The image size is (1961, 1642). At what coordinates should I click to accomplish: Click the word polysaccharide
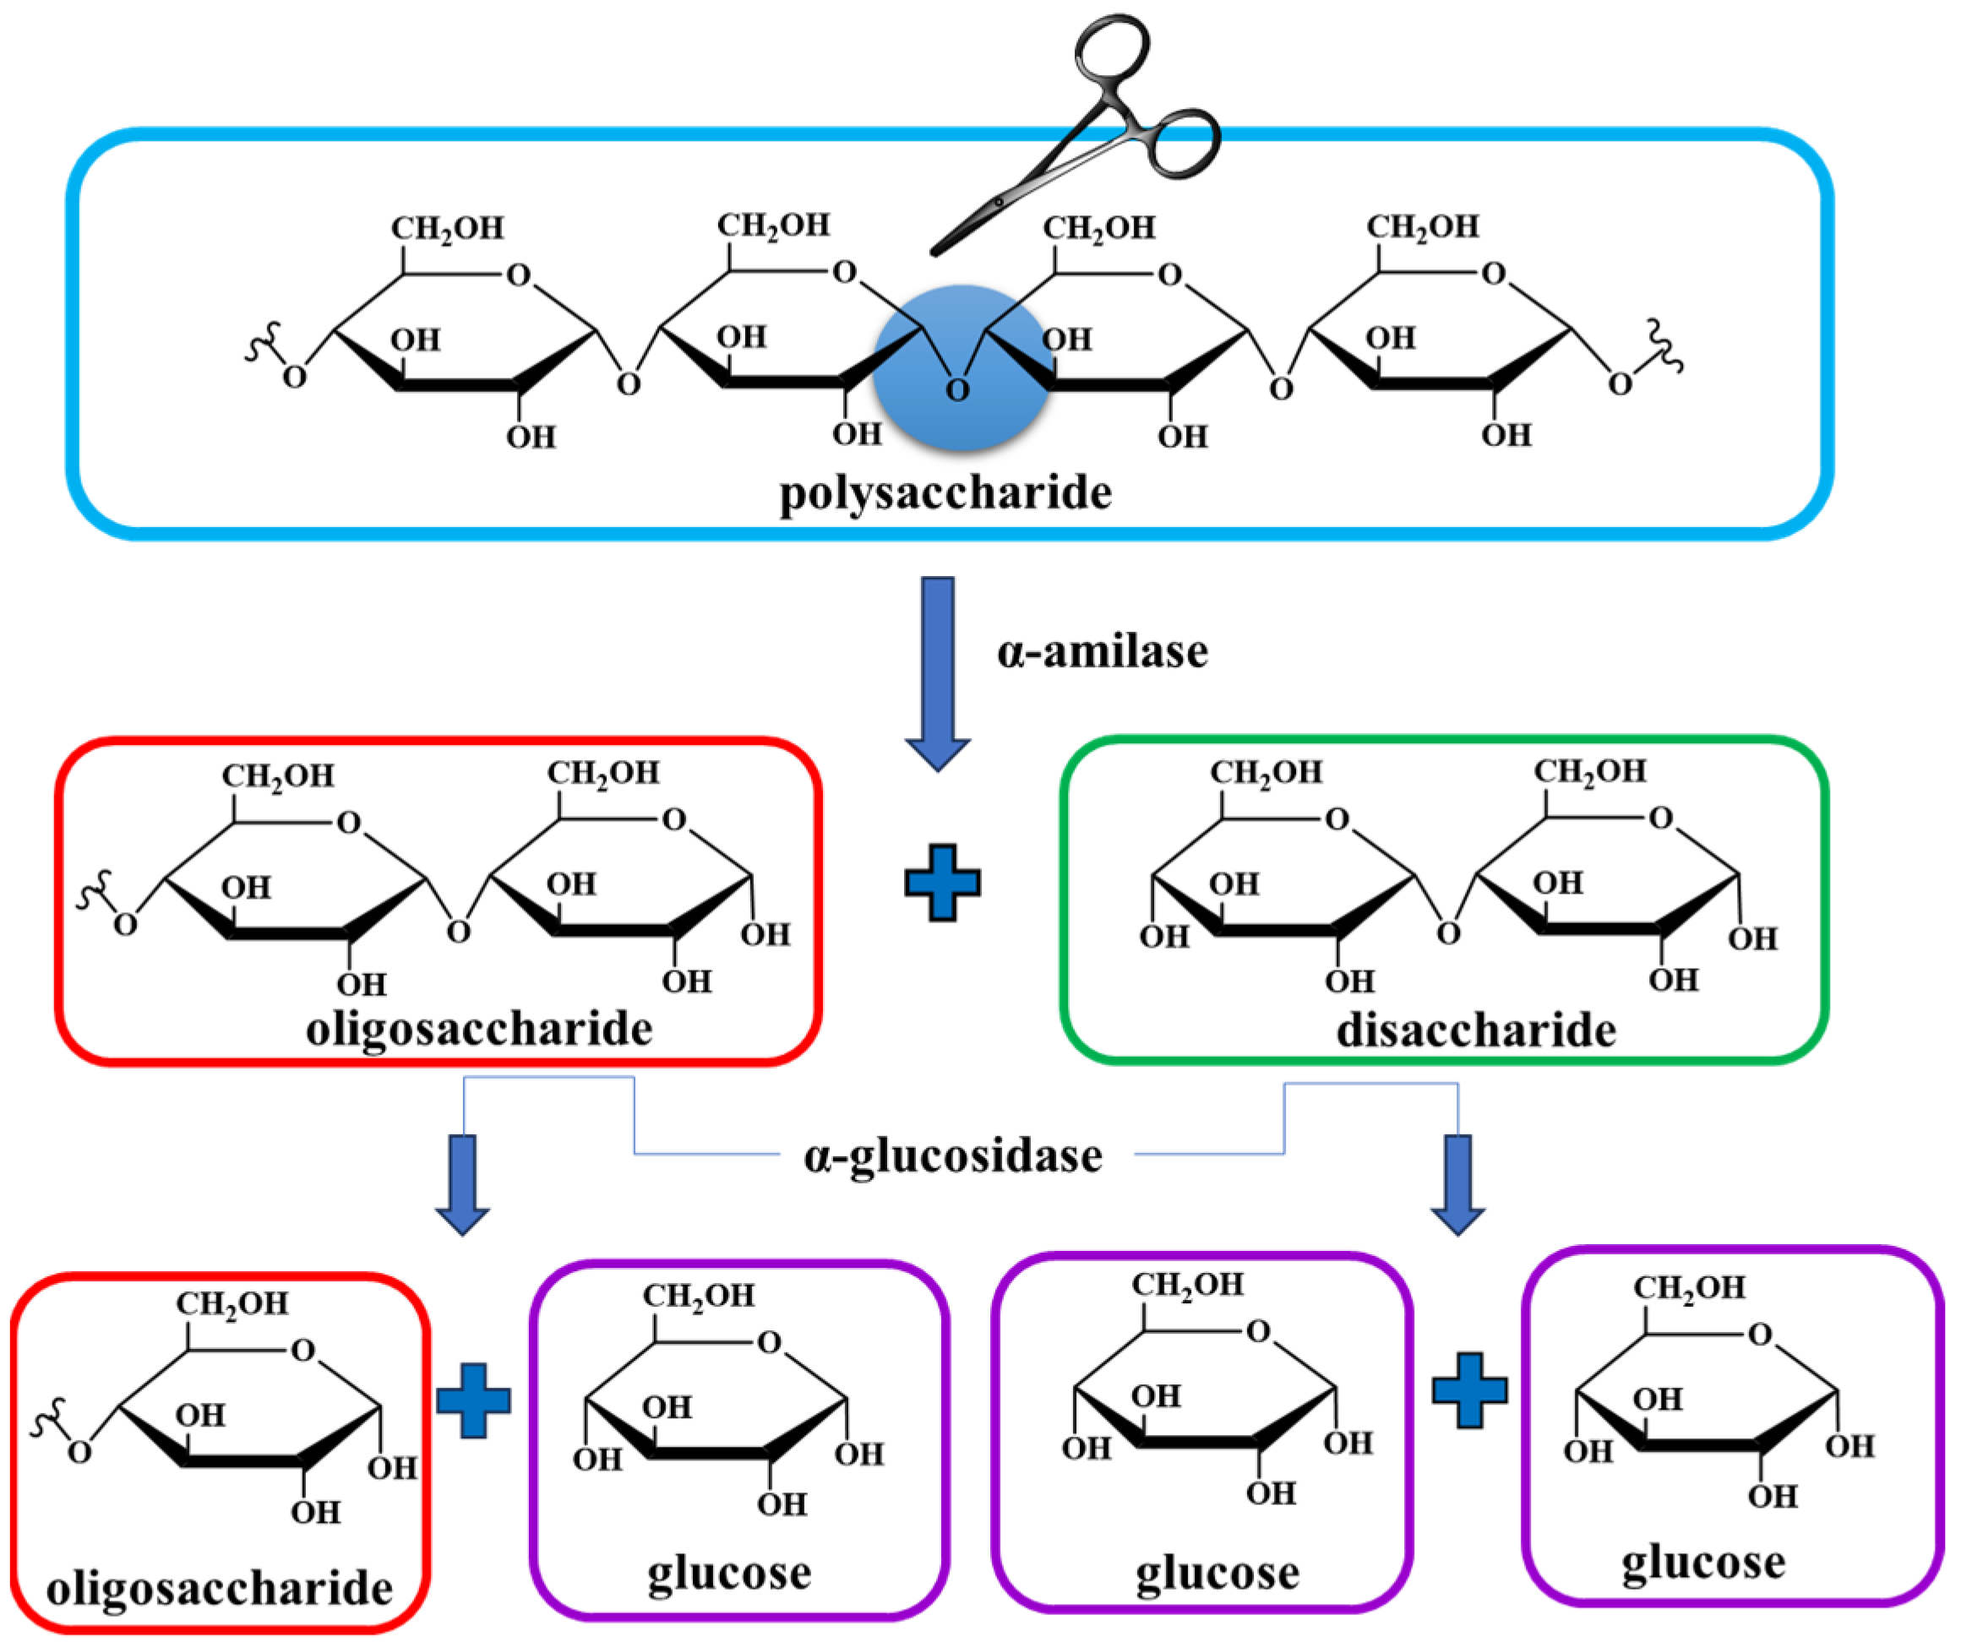coord(945,493)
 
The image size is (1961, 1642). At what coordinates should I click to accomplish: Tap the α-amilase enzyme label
coord(1102,650)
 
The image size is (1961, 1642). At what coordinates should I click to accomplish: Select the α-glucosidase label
coord(952,1155)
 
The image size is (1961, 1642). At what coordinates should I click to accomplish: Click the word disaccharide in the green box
coord(1475,1030)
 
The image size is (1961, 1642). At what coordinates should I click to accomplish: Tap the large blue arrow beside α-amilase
coord(938,672)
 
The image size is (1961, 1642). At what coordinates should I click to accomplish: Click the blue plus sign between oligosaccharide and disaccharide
coord(942,883)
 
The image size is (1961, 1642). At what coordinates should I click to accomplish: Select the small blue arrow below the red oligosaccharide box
coord(462,1183)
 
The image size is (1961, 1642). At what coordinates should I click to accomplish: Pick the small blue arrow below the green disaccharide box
coord(1457,1183)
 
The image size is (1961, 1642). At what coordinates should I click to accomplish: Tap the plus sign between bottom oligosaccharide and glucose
coord(473,1400)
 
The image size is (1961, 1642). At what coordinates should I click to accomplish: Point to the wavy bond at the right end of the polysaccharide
coord(1664,345)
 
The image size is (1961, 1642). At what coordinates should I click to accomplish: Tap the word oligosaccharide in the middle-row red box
coord(479,1029)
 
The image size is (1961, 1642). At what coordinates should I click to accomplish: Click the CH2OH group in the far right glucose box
coord(1688,1288)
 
